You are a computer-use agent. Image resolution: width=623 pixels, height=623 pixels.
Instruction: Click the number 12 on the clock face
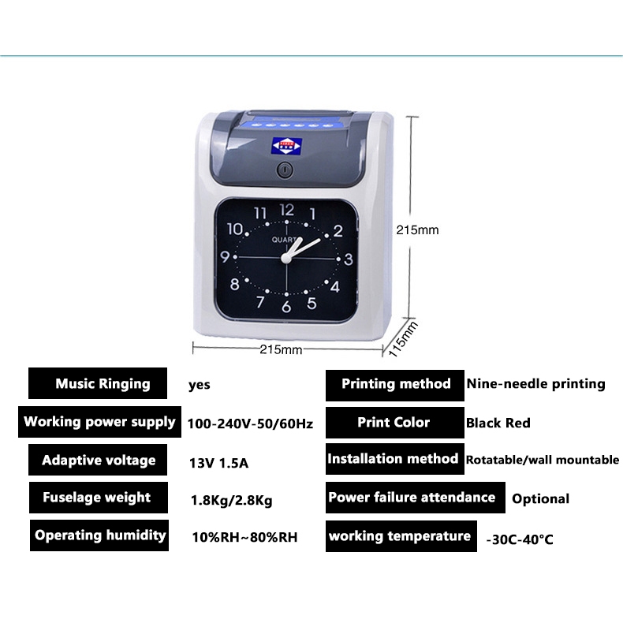point(286,210)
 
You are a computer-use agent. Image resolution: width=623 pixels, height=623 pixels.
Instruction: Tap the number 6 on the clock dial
point(286,307)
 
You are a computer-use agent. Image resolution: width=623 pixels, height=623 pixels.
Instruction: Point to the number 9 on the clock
point(225,258)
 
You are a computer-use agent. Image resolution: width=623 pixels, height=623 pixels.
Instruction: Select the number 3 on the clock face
point(348,258)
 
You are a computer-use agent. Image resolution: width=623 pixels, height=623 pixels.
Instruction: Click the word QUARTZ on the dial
point(285,240)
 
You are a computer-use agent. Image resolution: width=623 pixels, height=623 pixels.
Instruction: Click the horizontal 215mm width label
point(281,349)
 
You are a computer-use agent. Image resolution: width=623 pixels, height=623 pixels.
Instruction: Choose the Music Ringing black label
point(99,384)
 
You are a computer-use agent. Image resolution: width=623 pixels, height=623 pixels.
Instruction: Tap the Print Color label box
point(394,423)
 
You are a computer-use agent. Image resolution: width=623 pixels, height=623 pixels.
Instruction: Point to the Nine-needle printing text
point(535,384)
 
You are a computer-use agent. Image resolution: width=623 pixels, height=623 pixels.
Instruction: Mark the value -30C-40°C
point(519,539)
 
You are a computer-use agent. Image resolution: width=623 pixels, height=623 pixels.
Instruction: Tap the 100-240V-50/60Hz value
point(250,424)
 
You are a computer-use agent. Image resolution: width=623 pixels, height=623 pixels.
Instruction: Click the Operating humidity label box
point(99,535)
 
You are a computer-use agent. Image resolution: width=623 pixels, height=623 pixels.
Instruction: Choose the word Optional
point(540,498)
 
